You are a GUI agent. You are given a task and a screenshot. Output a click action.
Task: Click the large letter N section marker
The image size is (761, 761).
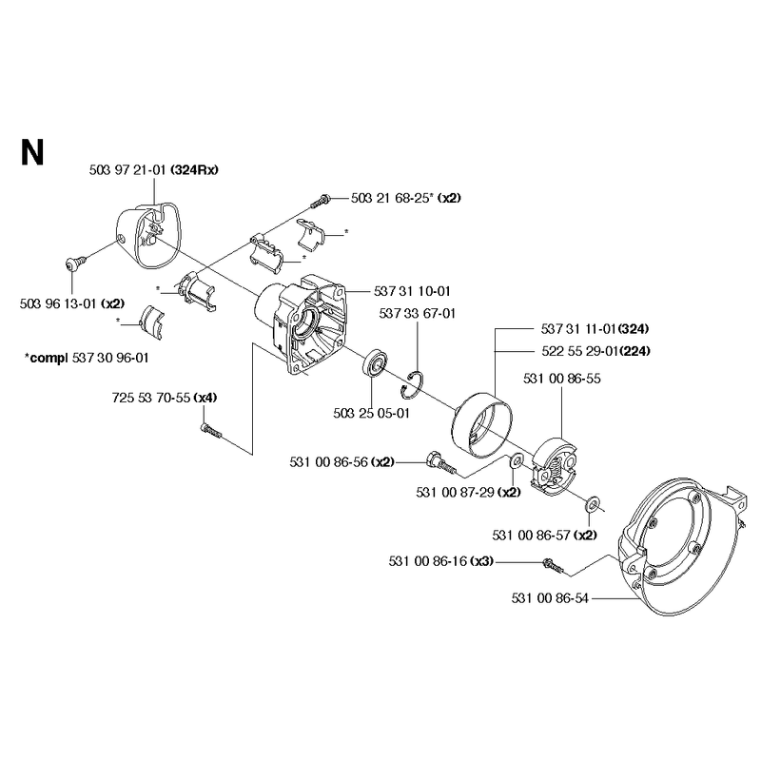click(32, 152)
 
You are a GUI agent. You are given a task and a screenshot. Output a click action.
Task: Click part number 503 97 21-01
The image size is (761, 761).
click(128, 170)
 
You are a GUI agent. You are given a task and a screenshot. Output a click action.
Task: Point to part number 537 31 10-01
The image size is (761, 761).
click(412, 291)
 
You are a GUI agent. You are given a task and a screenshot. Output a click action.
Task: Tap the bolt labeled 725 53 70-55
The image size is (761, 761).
click(210, 430)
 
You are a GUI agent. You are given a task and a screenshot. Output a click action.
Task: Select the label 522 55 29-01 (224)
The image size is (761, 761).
click(596, 351)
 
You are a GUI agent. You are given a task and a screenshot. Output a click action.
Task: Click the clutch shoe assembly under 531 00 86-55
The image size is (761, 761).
click(555, 467)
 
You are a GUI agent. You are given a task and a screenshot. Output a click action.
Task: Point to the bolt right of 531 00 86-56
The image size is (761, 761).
click(440, 462)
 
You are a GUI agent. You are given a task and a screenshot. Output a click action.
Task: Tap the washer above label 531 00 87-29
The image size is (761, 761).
click(516, 459)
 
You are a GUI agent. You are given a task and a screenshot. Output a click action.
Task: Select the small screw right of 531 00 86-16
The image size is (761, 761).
click(554, 565)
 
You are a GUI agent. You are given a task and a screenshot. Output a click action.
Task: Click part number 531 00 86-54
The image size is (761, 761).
click(550, 598)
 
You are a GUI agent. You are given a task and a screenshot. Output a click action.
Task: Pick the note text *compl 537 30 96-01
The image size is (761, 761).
click(87, 359)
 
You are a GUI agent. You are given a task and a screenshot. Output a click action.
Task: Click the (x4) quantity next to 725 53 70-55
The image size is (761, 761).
click(205, 398)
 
